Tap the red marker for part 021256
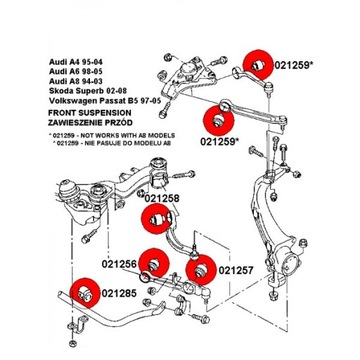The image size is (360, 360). (152, 263)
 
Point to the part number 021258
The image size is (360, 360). (161, 200)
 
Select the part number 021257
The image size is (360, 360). (236, 270)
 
